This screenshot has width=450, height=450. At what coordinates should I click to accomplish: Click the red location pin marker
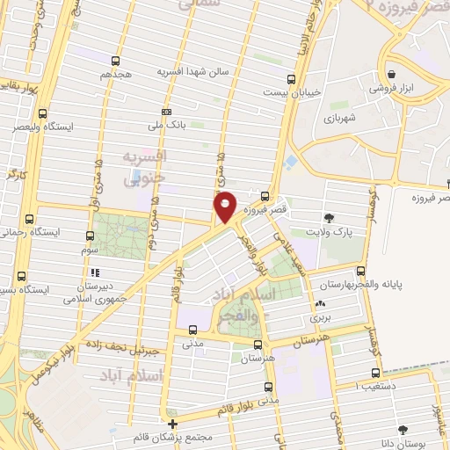click(x=225, y=207)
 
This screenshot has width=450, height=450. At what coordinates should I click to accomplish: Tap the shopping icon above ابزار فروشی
click(x=390, y=74)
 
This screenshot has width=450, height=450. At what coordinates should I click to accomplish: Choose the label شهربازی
click(x=338, y=117)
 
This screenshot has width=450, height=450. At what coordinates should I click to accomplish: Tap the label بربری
click(x=319, y=318)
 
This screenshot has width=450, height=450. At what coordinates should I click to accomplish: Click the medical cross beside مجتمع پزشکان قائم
click(x=172, y=424)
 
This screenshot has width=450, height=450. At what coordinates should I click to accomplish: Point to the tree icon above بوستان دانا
click(x=403, y=429)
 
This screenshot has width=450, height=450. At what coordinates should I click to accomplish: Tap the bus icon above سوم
click(x=91, y=236)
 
